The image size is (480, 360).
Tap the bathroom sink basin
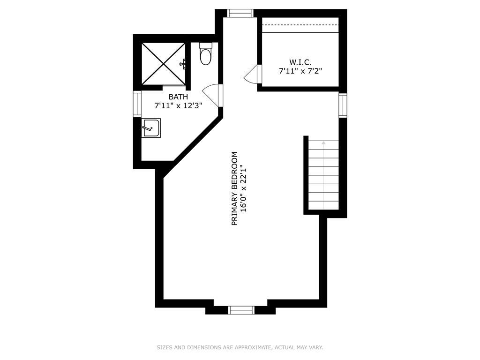click(151, 127)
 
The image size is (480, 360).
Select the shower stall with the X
click(163, 64)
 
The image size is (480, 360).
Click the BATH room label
click(178, 97)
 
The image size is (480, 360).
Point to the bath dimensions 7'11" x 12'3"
click(178, 106)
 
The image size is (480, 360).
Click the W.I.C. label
click(300, 62)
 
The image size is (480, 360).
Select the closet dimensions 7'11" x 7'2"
click(300, 71)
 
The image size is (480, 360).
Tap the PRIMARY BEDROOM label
click(235, 188)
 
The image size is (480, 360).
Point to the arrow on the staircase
click(323, 142)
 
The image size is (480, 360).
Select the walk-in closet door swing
click(252, 75)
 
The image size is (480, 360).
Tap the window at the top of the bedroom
click(240, 13)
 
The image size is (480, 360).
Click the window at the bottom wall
click(241, 310)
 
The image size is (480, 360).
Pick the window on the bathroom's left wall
click(137, 104)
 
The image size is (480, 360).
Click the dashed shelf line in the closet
click(300, 25)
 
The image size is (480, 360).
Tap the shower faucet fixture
click(185, 63)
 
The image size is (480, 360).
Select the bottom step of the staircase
click(323, 205)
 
